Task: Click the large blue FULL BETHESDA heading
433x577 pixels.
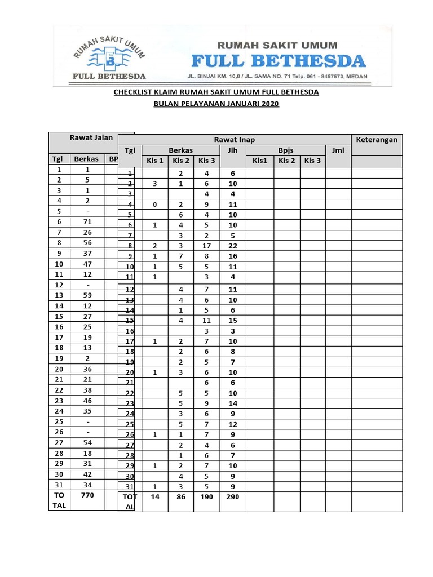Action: point(279,60)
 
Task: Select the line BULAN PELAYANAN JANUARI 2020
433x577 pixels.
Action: point(216,104)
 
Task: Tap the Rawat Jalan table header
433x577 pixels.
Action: point(91,137)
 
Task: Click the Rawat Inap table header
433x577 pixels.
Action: point(234,140)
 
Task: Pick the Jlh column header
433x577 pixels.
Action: point(232,150)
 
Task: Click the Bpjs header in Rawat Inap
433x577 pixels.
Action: point(286,150)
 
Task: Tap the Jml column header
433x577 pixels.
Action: point(338,150)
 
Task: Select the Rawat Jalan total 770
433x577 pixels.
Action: point(87,495)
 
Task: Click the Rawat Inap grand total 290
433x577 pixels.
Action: point(232,496)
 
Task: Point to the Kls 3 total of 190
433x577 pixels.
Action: point(206,496)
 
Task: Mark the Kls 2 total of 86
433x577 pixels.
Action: point(180,496)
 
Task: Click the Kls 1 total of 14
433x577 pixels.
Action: point(155,496)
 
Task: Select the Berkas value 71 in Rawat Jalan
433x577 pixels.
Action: point(87,222)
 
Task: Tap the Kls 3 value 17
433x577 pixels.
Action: point(206,246)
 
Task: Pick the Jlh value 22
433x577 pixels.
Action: point(232,246)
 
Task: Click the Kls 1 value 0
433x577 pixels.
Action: point(154,205)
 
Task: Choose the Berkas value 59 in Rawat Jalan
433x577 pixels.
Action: point(87,294)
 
